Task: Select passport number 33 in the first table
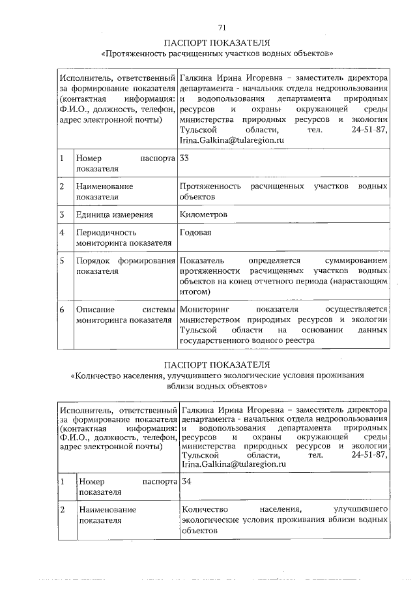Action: click(x=184, y=158)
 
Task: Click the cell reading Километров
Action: click(x=203, y=214)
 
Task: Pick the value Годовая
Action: click(x=195, y=232)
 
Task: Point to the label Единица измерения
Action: click(x=114, y=214)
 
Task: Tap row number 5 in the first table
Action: click(x=61, y=261)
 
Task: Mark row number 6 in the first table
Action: click(x=61, y=309)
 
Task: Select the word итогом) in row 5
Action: click(x=194, y=292)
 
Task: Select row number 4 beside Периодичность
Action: click(x=61, y=232)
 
